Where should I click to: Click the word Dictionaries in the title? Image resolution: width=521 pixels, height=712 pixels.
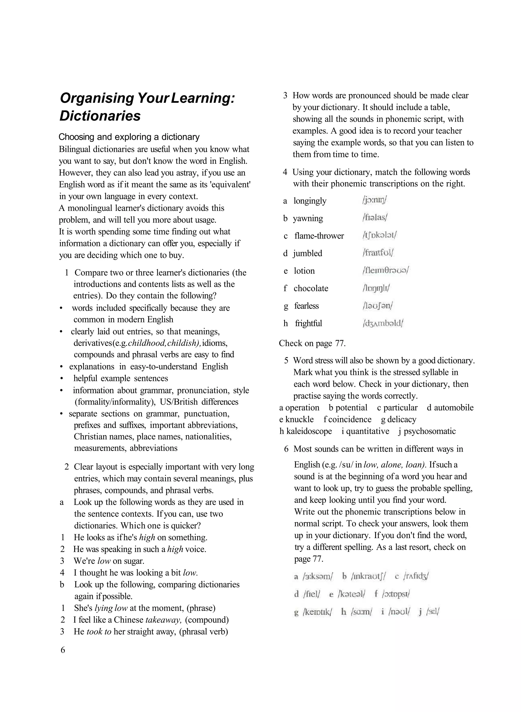click(100, 116)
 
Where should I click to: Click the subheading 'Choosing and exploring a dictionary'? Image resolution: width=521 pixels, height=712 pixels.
click(129, 137)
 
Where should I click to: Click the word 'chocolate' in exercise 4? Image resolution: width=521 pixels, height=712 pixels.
click(311, 288)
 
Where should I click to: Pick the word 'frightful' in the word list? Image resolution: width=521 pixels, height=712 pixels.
click(308, 323)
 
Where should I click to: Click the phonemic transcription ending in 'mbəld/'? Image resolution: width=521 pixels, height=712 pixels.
click(383, 323)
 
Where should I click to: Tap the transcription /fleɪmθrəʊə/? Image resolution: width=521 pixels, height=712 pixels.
click(385, 270)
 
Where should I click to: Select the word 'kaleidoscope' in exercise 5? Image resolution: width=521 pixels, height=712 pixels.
click(309, 431)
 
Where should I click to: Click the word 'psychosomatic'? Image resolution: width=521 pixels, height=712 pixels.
click(429, 431)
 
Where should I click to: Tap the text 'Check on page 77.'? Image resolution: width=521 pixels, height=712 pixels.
click(312, 343)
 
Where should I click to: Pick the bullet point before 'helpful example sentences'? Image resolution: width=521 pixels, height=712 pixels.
click(62, 378)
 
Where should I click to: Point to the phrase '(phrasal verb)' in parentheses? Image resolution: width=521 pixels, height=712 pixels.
click(204, 632)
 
